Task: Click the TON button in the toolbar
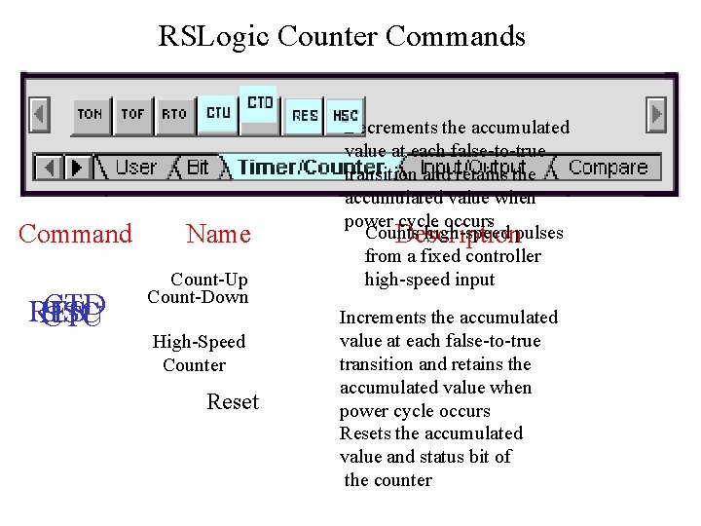click(x=90, y=114)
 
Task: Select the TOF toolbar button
click(x=132, y=114)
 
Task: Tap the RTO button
click(x=174, y=114)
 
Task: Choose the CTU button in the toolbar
click(x=219, y=113)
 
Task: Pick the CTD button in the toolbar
click(x=260, y=103)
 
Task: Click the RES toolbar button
click(x=305, y=115)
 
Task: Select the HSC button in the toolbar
click(x=345, y=115)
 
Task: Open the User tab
click(x=134, y=168)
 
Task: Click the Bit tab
click(x=198, y=168)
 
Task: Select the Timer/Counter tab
click(x=292, y=168)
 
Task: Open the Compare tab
click(x=608, y=168)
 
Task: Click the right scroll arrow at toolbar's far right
click(x=657, y=114)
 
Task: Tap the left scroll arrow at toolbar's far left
click(x=40, y=114)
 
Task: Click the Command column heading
click(x=75, y=234)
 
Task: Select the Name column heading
click(x=218, y=234)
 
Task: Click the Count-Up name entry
click(x=208, y=280)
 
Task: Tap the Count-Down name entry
click(x=198, y=297)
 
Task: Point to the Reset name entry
click(x=233, y=402)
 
